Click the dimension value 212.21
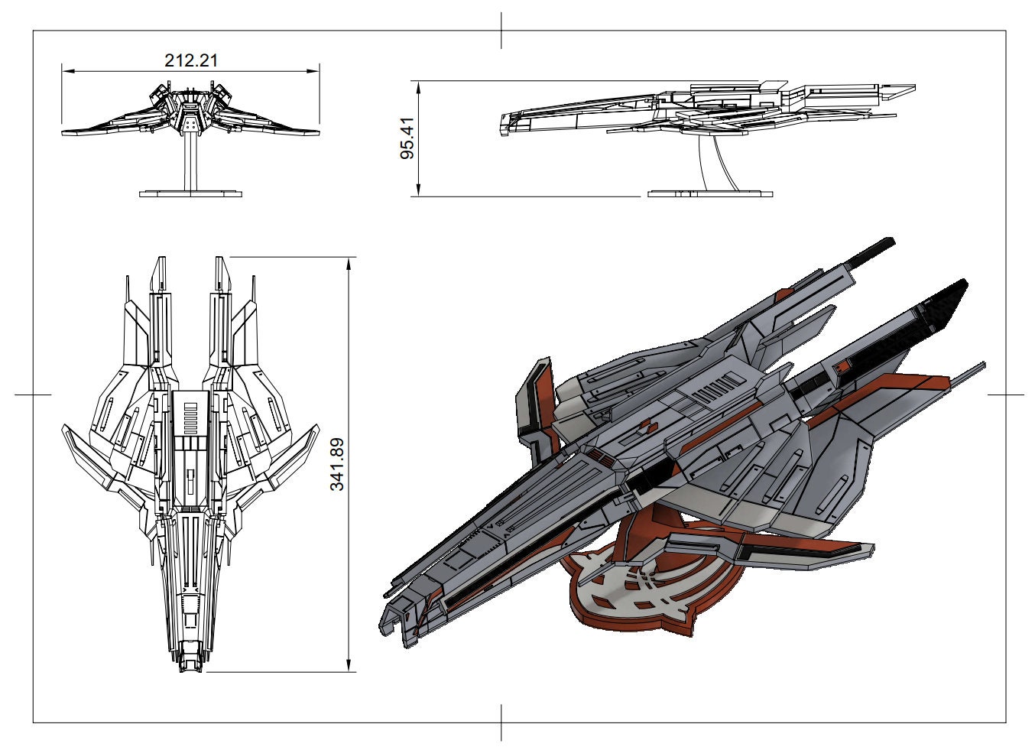click(191, 60)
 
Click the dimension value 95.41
click(407, 138)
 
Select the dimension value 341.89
click(337, 464)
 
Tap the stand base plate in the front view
click(190, 193)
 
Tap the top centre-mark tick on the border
click(501, 31)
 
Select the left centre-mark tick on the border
click(33, 394)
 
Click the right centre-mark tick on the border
click(1005, 394)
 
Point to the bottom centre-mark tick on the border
click(501, 722)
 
